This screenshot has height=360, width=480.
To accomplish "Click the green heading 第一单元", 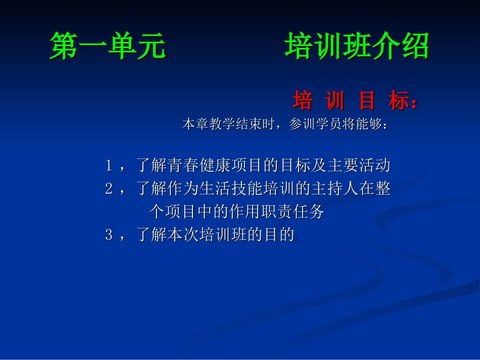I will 108,46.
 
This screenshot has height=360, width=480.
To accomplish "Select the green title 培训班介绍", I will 357,46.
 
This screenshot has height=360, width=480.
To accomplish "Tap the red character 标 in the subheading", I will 399,101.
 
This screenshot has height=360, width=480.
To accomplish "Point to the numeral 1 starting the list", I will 109,165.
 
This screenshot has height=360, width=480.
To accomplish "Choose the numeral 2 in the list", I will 109,189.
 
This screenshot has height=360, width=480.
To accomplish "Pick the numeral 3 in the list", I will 109,235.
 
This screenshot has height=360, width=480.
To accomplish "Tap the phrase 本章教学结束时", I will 228,124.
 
